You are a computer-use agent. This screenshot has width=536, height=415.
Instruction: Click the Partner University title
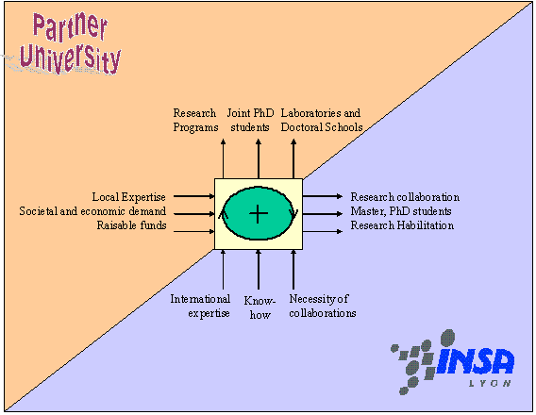[x=71, y=43]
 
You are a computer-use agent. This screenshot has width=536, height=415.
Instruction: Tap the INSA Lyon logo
[x=453, y=362]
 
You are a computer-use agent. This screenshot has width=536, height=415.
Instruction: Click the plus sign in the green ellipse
[x=259, y=214]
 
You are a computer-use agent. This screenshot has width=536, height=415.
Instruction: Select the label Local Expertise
[x=129, y=197]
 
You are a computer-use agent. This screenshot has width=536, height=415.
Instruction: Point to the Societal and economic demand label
[x=92, y=211]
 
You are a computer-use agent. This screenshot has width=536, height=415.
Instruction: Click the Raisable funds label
[x=131, y=225]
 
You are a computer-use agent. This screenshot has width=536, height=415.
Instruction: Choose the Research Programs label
[x=195, y=120]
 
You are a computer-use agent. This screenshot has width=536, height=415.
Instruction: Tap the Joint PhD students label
[x=251, y=120]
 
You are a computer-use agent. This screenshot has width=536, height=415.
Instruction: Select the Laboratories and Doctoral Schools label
[x=322, y=120]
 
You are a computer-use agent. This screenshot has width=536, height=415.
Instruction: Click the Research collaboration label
[x=405, y=197]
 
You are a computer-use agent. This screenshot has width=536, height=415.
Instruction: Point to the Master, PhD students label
[x=401, y=211]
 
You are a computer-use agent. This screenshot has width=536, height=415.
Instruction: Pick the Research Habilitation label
[x=402, y=225]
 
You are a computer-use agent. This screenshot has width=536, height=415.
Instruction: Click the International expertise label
[x=200, y=306]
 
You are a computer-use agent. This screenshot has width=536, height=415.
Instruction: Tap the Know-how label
[x=260, y=307]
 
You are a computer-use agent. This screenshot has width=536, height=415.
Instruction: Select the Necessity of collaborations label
[x=323, y=306]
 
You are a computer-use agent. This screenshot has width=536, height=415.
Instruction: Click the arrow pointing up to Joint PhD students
[x=259, y=158]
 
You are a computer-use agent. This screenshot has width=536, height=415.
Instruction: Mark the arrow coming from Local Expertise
[x=193, y=196]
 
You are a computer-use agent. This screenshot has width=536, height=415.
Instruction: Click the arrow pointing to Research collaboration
[x=323, y=196]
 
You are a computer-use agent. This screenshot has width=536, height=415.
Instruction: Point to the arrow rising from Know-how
[x=259, y=270]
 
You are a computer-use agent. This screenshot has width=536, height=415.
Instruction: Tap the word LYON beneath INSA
[x=490, y=383]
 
